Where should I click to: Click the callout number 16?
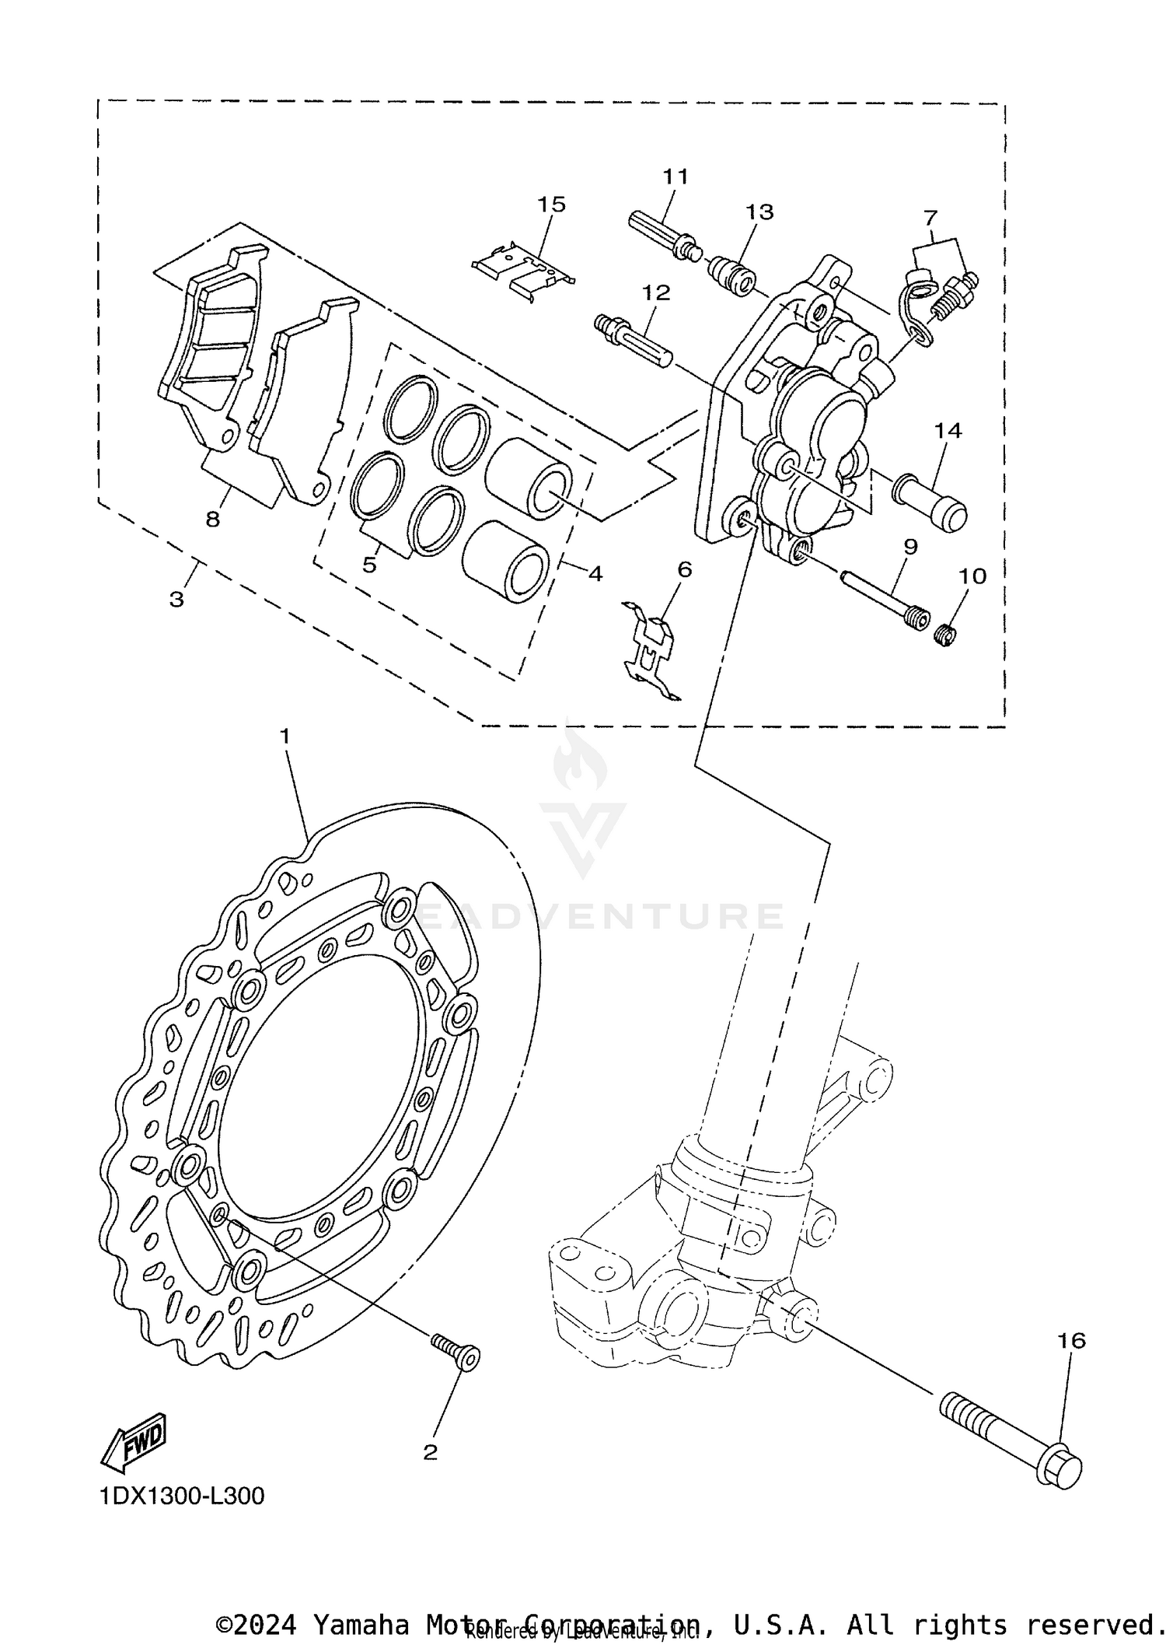(x=1071, y=1341)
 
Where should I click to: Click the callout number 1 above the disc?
(x=285, y=735)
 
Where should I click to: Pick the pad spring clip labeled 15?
(x=523, y=268)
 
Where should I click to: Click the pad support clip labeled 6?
(x=651, y=652)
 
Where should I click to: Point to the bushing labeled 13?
(x=732, y=277)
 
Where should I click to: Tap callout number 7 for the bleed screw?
(x=931, y=217)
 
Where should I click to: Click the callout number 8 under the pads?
(x=213, y=520)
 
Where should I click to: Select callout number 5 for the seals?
(x=369, y=565)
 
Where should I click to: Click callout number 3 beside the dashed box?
(x=177, y=600)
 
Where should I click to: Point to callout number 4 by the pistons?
(x=595, y=574)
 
